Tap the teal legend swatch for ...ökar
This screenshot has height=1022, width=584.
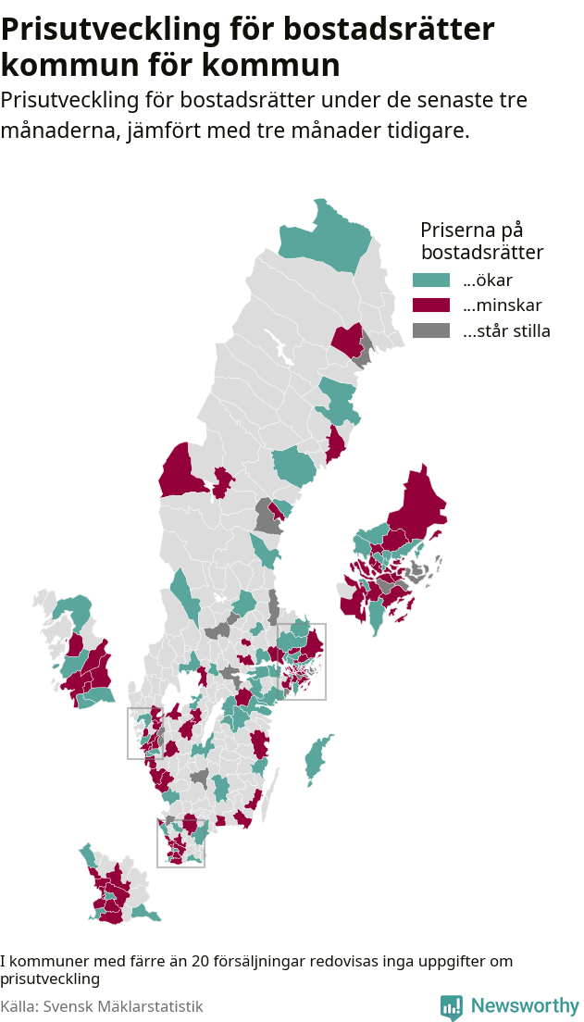pos(431,280)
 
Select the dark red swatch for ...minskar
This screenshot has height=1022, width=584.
pos(431,305)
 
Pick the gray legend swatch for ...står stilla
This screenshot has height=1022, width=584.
pos(431,330)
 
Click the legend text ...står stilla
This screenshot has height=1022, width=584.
pos(506,331)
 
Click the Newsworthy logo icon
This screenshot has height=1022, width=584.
pos(452,1006)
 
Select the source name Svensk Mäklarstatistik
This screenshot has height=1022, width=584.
pos(127,1006)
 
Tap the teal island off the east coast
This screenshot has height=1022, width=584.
pos(317,757)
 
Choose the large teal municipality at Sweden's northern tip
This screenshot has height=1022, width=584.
pos(329,236)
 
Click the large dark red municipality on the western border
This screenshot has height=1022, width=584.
pos(181,474)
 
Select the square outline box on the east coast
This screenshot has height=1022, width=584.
pos(303,661)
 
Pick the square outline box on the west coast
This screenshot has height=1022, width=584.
pos(145,733)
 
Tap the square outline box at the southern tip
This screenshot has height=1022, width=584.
pos(180,842)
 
